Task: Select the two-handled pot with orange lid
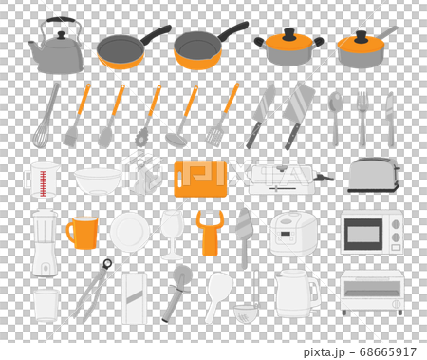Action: [288, 47]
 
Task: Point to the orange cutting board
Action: [200, 178]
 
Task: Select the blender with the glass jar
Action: [44, 243]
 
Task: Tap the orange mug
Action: [83, 233]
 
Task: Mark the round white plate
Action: [129, 232]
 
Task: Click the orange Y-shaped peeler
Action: [210, 234]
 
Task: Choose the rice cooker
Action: [293, 233]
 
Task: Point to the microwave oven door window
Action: [362, 234]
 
